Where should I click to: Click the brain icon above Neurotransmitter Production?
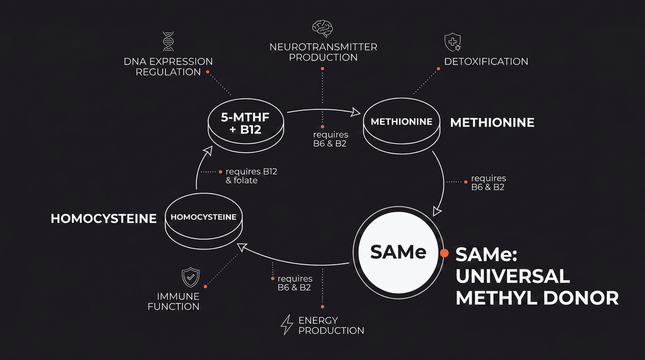pyautogui.click(x=322, y=28)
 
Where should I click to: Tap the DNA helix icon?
pyautogui.click(x=168, y=41)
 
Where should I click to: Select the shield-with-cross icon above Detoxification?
pyautogui.click(x=453, y=42)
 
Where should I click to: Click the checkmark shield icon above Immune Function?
pyautogui.click(x=190, y=277)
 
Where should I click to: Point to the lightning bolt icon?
pyautogui.click(x=287, y=325)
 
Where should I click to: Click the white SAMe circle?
pyautogui.click(x=399, y=253)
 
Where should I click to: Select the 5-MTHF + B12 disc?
pyautogui.click(x=245, y=125)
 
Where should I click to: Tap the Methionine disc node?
pyautogui.click(x=402, y=125)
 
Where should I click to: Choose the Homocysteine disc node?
pyautogui.click(x=204, y=221)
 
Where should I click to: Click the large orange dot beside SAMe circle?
pyautogui.click(x=444, y=253)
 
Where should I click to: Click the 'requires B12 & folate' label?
pyautogui.click(x=251, y=176)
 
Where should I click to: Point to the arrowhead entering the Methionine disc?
pyautogui.click(x=356, y=112)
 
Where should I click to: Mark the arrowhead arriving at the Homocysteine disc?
pyautogui.click(x=241, y=247)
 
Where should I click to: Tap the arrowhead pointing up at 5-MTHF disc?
pyautogui.click(x=208, y=150)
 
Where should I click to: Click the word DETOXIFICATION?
pyautogui.click(x=486, y=62)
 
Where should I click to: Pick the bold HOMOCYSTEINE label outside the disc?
pyautogui.click(x=104, y=219)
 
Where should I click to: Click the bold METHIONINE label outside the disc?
pyautogui.click(x=492, y=123)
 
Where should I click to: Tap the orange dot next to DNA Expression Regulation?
pyautogui.click(x=208, y=72)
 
